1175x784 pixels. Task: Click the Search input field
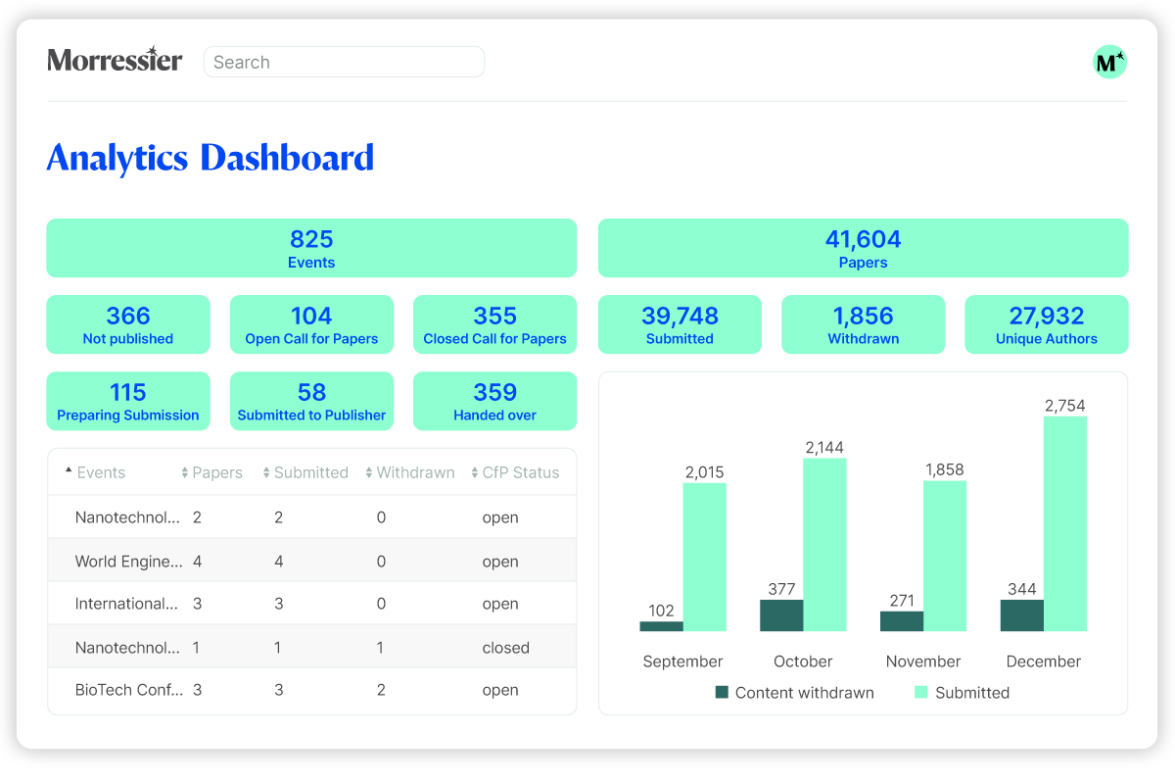344,62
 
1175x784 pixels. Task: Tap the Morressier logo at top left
115,59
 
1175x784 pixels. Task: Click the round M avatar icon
1109,62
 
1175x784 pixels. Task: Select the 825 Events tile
311,248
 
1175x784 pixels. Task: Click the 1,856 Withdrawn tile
863,324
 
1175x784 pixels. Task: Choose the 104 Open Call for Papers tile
311,324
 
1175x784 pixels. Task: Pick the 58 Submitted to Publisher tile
311,401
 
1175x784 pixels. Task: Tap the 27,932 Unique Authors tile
1047,324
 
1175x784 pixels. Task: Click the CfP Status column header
515,472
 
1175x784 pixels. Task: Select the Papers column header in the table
211,472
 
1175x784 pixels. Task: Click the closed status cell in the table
505,648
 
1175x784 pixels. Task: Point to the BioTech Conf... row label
129,690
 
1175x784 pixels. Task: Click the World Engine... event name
129,562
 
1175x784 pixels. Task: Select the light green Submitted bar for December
1065,523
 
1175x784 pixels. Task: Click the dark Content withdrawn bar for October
781,615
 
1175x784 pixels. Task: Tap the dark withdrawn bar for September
662,626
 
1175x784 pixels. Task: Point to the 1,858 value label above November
945,469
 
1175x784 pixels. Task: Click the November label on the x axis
923,661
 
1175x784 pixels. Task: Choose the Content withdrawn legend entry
795,693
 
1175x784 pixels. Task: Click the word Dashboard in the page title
288,158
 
